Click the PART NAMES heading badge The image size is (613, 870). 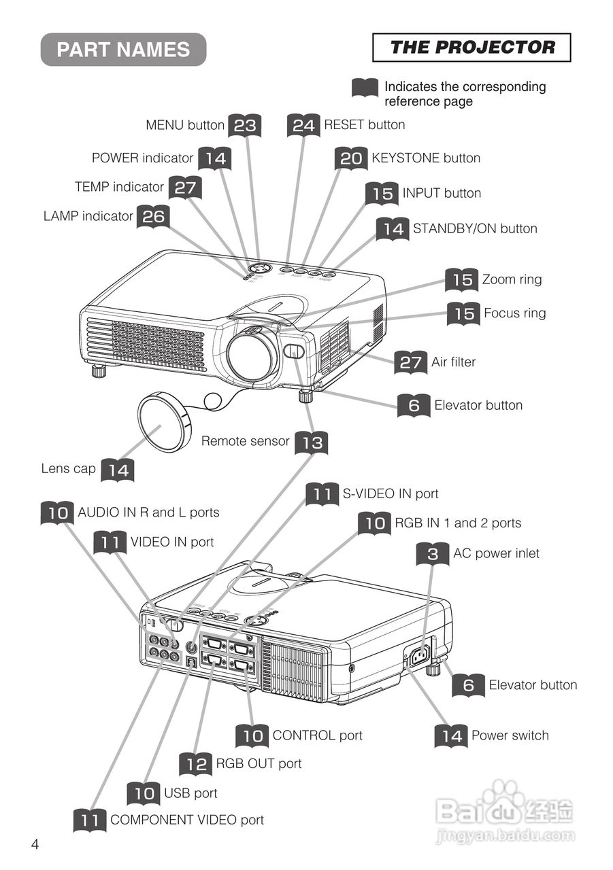123,50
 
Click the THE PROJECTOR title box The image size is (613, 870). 471,48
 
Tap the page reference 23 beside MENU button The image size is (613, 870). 245,126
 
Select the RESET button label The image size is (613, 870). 364,125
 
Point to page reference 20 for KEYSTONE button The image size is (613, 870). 351,159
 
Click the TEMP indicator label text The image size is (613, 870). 119,187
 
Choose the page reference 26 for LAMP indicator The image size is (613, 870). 153,217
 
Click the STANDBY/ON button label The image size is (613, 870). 475,229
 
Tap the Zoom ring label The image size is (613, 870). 512,279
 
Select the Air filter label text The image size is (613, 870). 453,362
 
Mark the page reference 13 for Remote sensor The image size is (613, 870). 312,443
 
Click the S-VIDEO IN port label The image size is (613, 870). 390,494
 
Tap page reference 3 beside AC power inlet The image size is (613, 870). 433,555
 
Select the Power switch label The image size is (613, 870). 510,735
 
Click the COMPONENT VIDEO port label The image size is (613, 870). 186,820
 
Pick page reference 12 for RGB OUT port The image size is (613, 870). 196,765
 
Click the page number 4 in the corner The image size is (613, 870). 35,845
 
